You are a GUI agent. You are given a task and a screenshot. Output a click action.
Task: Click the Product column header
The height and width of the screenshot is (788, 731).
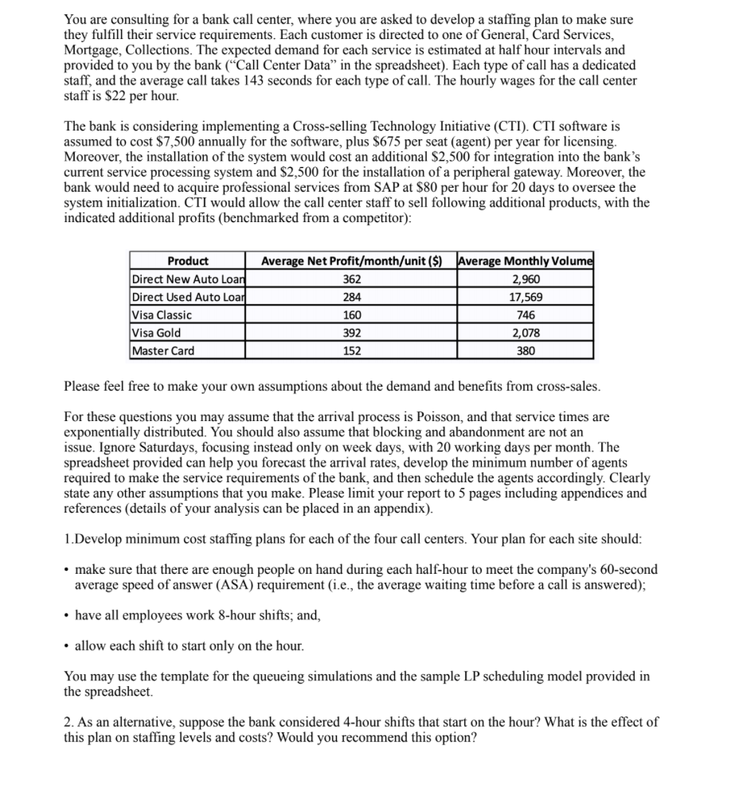click(x=188, y=261)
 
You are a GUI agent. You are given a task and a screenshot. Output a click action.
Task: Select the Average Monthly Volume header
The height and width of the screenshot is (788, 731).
click(x=526, y=261)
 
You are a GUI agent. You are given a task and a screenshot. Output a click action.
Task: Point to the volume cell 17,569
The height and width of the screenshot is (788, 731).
click(x=526, y=297)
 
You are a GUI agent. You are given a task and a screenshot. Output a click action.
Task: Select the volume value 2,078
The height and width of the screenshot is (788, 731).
click(x=526, y=333)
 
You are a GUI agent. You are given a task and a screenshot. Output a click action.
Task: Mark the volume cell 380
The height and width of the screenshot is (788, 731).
click(x=526, y=350)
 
